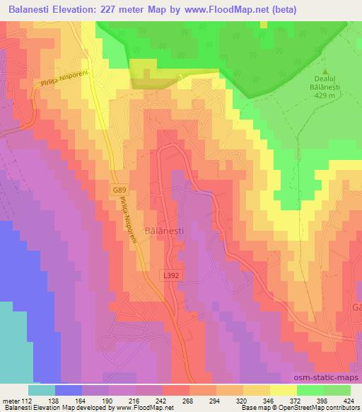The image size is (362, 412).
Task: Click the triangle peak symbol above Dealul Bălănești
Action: click(326, 71)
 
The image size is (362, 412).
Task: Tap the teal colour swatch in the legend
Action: click(42, 390)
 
